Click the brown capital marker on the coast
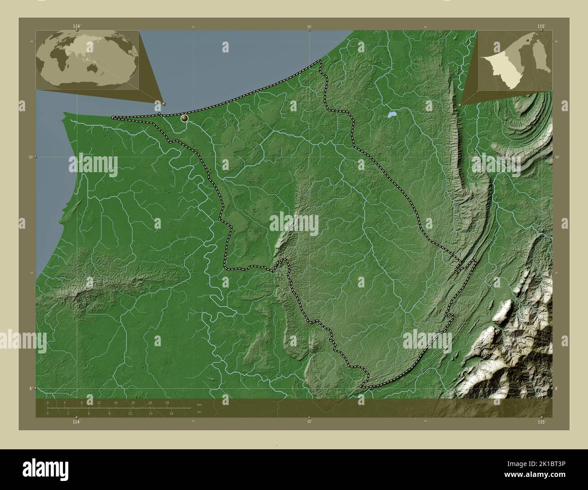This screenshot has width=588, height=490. (x=185, y=119)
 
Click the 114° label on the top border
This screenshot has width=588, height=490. (x=76, y=26)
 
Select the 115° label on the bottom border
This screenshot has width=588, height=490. (x=541, y=421)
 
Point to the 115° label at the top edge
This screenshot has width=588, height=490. (x=541, y=26)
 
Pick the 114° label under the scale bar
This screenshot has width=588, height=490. (x=76, y=421)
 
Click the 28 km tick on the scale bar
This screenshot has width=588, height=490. (x=167, y=402)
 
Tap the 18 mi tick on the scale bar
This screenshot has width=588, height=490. (x=171, y=413)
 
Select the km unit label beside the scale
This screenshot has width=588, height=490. (x=199, y=404)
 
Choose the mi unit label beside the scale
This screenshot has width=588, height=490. (x=199, y=412)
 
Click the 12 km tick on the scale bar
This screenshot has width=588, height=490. (x=99, y=402)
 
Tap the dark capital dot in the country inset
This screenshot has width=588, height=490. (x=527, y=40)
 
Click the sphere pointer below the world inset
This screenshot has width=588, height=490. (x=164, y=104)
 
